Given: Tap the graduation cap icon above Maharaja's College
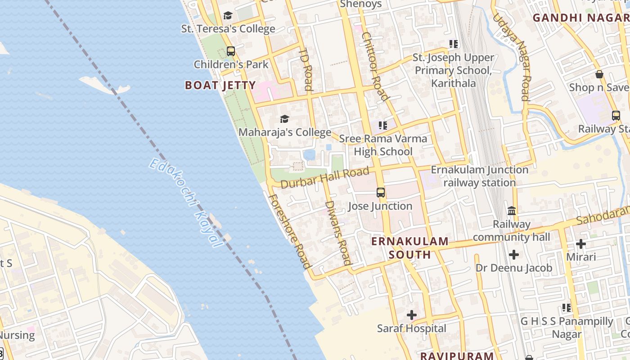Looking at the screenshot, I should (x=284, y=119).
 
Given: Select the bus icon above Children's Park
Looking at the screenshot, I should (x=231, y=51).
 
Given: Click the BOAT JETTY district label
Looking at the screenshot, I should (x=220, y=85).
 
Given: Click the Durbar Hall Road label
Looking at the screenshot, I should (x=325, y=178).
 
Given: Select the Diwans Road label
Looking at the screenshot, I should (x=337, y=237).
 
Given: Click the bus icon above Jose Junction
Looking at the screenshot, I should (x=381, y=193).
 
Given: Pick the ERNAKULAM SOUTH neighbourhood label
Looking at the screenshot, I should (x=409, y=248).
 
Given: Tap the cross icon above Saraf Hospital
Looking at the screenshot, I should (x=412, y=315).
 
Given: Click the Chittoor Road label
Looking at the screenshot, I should (x=374, y=66).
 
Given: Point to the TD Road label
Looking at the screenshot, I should (x=306, y=69).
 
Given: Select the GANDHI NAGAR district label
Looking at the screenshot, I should (x=580, y=18).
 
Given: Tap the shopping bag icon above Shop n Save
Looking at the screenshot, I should (x=599, y=74).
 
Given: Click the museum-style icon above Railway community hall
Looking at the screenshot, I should (x=512, y=211).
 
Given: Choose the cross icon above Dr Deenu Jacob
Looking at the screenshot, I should (x=513, y=255).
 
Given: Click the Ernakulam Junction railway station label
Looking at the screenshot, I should (x=479, y=176).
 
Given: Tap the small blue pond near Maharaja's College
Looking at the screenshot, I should (x=309, y=155).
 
